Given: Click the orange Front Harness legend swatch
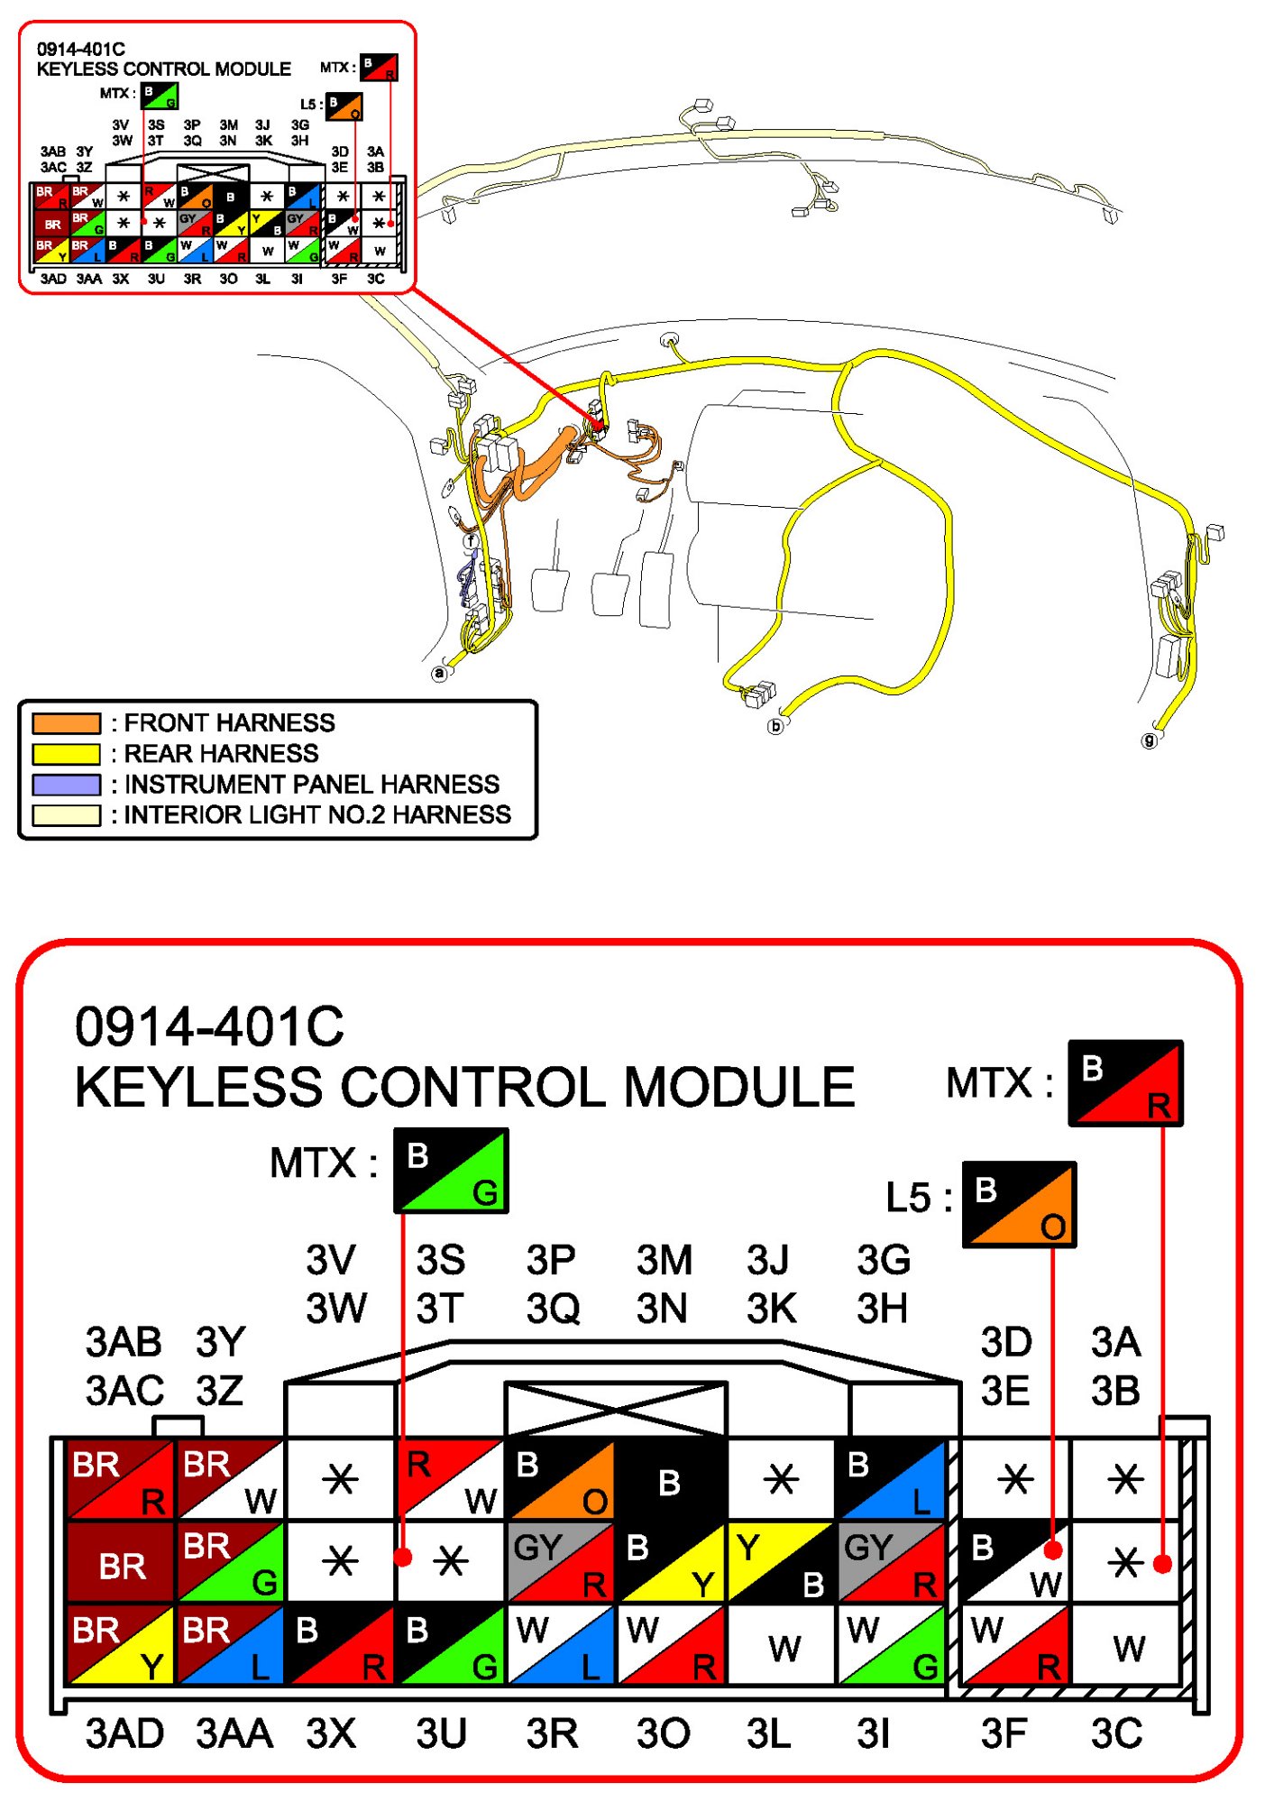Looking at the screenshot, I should pyautogui.click(x=66, y=723).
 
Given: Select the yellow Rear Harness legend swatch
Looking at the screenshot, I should pyautogui.click(x=66, y=754).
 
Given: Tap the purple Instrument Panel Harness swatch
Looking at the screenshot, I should pyautogui.click(x=66, y=785).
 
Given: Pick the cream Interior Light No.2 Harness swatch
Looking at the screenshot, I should pyautogui.click(x=66, y=815).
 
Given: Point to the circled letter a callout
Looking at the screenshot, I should pyautogui.click(x=439, y=673).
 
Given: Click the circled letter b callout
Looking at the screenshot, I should pyautogui.click(x=775, y=726).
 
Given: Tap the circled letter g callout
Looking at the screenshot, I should pyautogui.click(x=1149, y=740).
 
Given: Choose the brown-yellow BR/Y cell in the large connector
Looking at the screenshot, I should pyautogui.click(x=121, y=1646).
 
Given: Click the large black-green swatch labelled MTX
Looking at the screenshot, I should pyautogui.click(x=451, y=1171).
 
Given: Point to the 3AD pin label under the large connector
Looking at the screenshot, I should pyautogui.click(x=124, y=1733).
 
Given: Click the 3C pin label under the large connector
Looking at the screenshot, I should pyautogui.click(x=1116, y=1733).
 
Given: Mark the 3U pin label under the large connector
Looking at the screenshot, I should pyautogui.click(x=441, y=1733).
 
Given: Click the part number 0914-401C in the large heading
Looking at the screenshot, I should pyautogui.click(x=209, y=1027).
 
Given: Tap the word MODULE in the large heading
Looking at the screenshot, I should pyautogui.click(x=738, y=1087).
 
